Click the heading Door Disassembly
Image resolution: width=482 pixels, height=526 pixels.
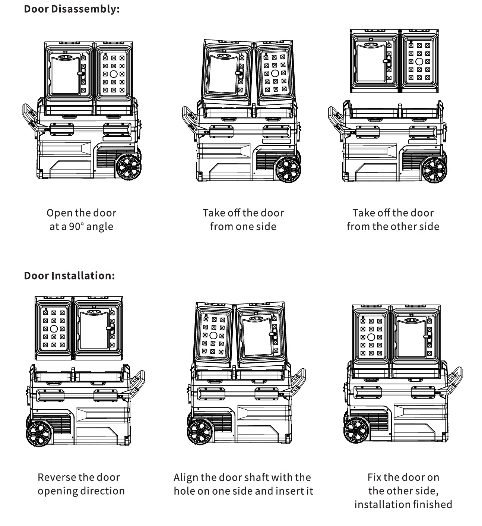[x=72, y=9]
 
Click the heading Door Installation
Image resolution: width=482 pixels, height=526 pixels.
[x=69, y=275]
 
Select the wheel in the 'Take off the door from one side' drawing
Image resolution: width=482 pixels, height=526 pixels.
[x=288, y=170]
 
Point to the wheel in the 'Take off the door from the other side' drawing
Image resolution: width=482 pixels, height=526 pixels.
[x=434, y=170]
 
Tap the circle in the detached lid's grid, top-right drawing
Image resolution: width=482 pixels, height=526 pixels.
[x=419, y=62]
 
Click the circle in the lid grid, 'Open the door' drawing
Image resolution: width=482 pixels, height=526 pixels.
[x=114, y=74]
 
